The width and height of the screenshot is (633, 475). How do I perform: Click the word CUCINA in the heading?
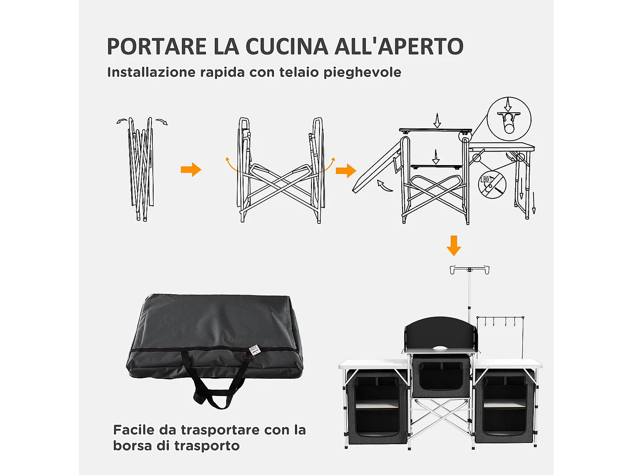(287, 46)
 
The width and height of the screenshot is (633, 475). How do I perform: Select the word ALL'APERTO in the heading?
(399, 46)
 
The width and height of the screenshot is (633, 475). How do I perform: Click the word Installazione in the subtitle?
(151, 72)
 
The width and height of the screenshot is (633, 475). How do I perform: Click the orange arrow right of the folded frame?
(191, 170)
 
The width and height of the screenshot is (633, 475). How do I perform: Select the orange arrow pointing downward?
(454, 245)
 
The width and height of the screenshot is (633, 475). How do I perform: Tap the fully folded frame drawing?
(141, 169)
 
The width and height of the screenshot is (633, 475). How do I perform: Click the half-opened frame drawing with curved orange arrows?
(280, 171)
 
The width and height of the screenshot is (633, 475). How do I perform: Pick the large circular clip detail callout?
(509, 119)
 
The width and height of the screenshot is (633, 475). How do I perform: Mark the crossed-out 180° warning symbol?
(492, 185)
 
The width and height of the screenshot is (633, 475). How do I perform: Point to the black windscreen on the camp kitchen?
(441, 334)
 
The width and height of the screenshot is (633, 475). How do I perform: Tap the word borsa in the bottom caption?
(132, 446)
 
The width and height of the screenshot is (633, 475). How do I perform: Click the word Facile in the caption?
(134, 430)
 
